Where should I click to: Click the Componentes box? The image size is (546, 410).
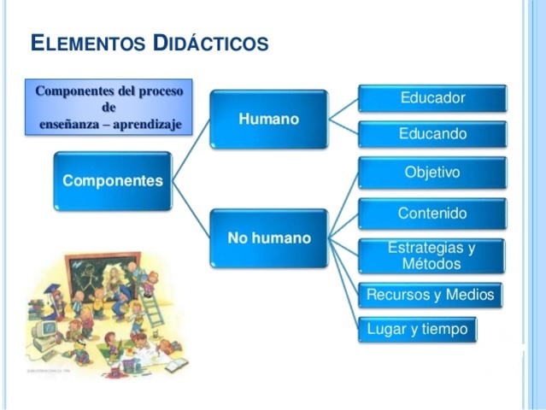pyautogui.click(x=113, y=180)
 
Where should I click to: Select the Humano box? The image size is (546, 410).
pyautogui.click(x=268, y=119)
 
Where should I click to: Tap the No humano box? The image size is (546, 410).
pyautogui.click(x=268, y=237)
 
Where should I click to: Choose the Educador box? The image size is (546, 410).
pyautogui.click(x=432, y=98)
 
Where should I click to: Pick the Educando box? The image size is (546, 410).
pyautogui.click(x=432, y=134)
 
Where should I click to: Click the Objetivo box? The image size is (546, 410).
pyautogui.click(x=432, y=173)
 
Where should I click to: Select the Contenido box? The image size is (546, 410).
pyautogui.click(x=432, y=213)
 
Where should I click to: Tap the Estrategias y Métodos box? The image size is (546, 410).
pyautogui.click(x=432, y=255)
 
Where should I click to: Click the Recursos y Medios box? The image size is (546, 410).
pyautogui.click(x=430, y=295)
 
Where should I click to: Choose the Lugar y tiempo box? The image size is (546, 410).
pyautogui.click(x=417, y=329)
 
